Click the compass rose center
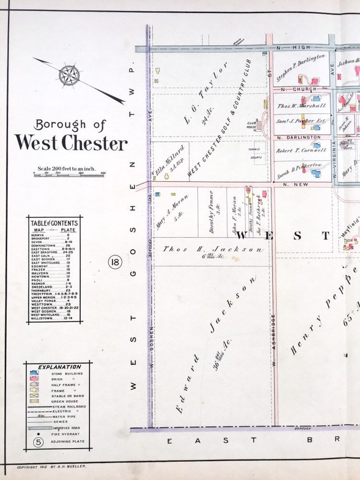click(x=69, y=75)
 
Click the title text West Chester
click(x=71, y=142)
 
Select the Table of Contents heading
click(x=54, y=223)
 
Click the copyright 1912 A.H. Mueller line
click(x=51, y=466)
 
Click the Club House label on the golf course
click(x=252, y=123)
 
